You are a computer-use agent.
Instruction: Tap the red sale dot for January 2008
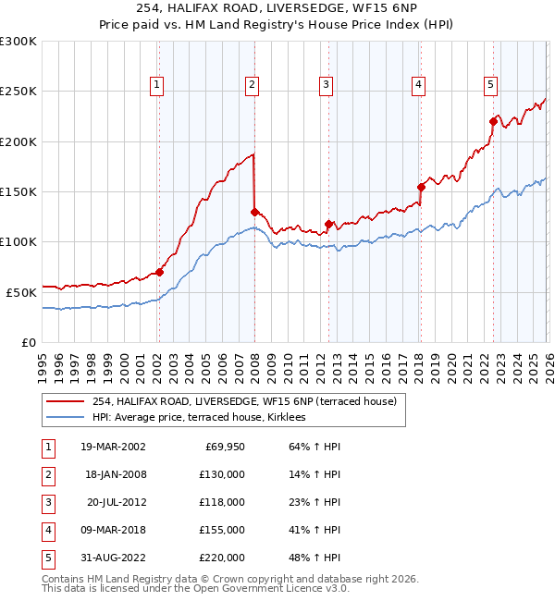(x=254, y=212)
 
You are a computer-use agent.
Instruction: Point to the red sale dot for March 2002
(x=159, y=272)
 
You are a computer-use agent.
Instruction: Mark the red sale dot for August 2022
(x=493, y=121)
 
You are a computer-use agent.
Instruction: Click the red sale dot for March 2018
(x=421, y=187)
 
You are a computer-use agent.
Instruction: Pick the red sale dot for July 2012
(x=328, y=224)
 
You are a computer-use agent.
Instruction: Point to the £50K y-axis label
(x=21, y=291)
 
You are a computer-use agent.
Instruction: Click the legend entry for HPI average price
(x=205, y=417)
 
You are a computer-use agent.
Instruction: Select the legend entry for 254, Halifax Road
(x=244, y=401)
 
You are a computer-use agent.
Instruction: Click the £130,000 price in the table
(x=222, y=473)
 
